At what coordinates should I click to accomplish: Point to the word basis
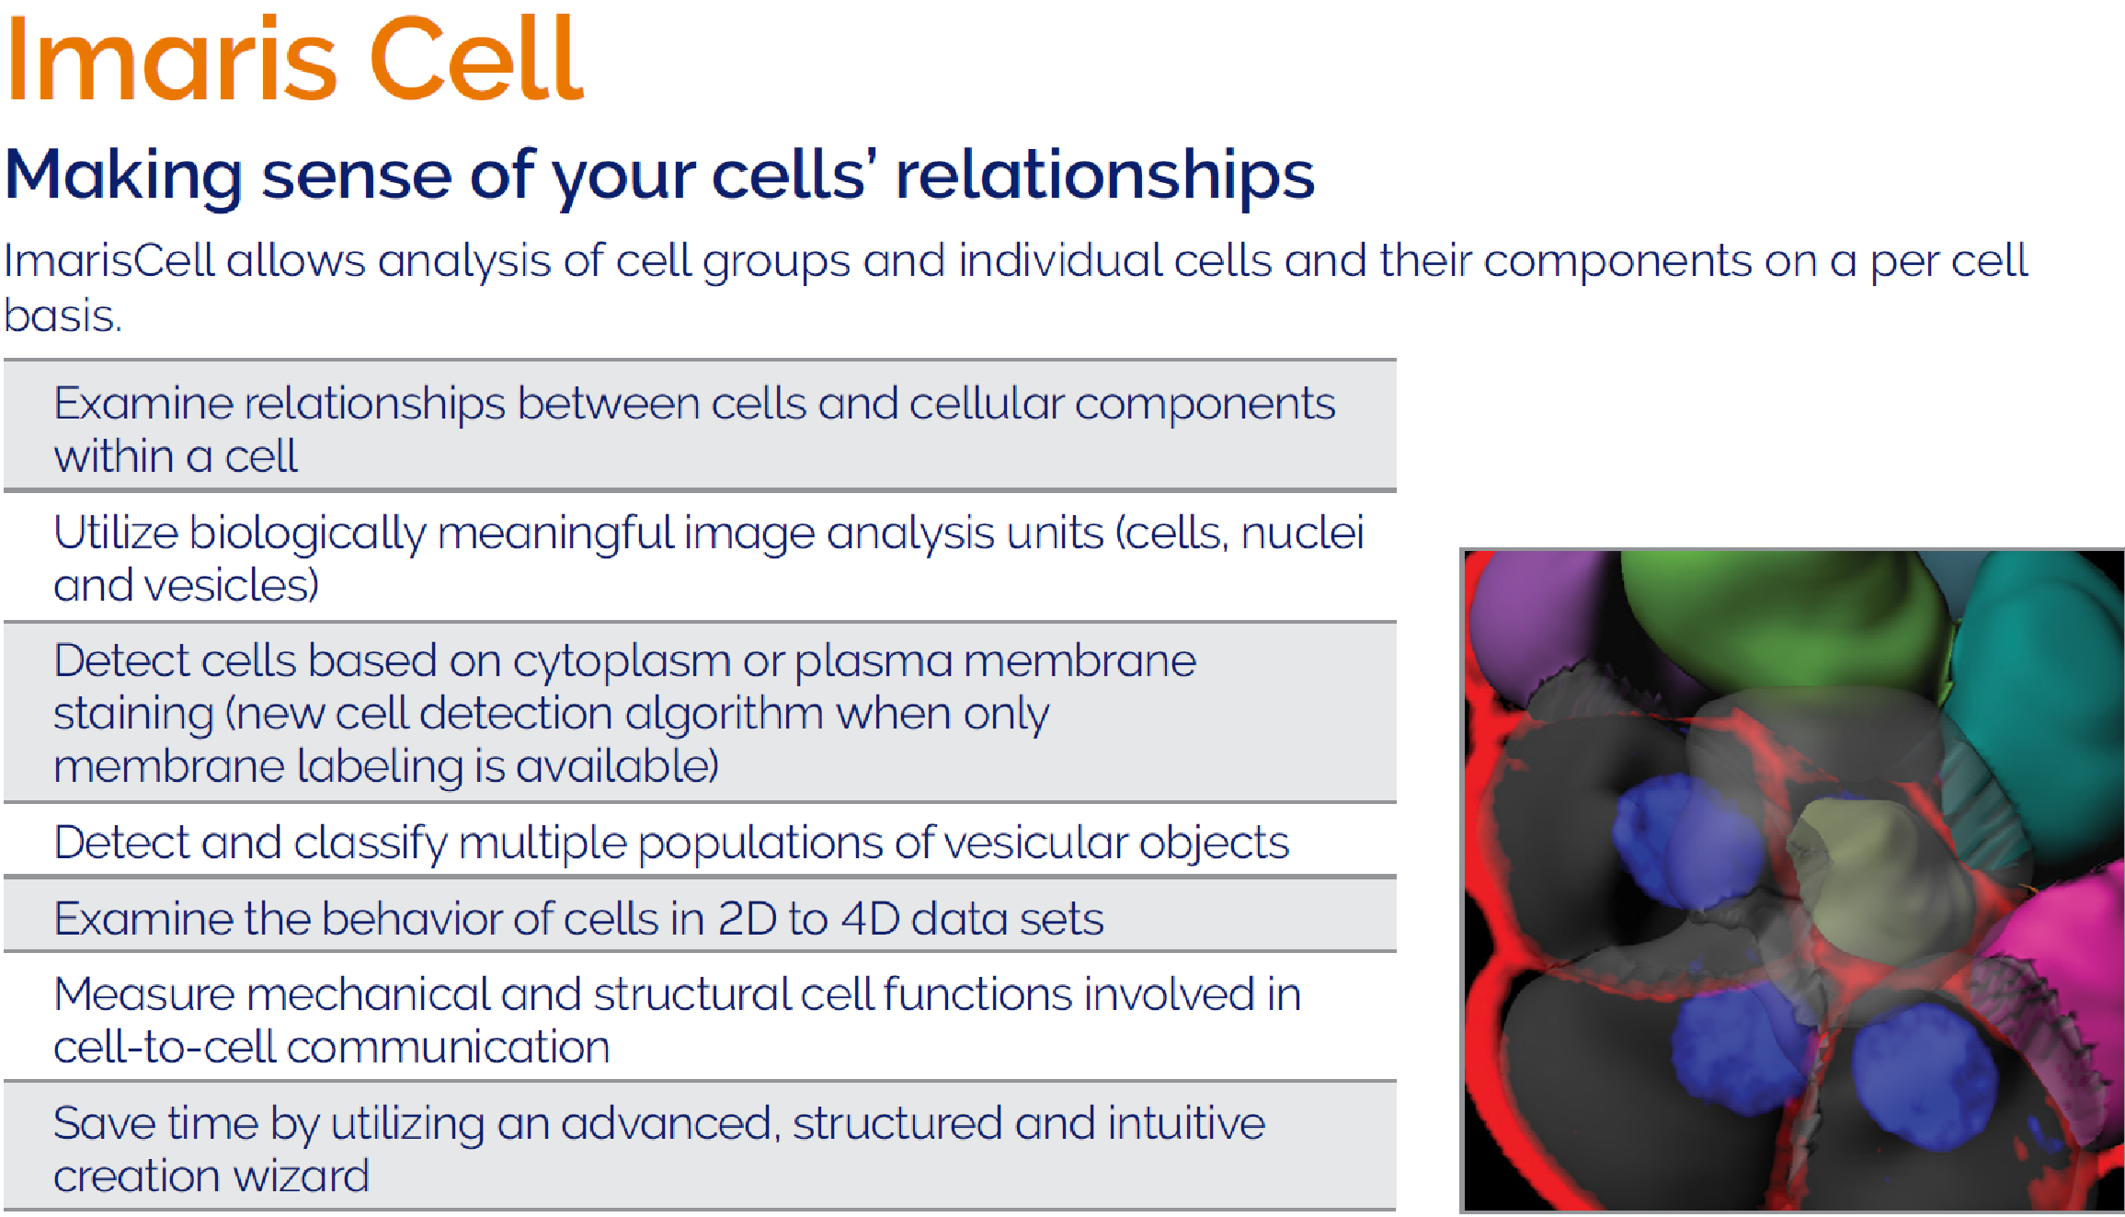[x=63, y=316]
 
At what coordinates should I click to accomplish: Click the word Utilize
[x=116, y=533]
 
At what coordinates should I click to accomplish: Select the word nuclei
[x=1302, y=533]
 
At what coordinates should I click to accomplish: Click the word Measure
[x=144, y=994]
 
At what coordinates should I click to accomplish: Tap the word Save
[x=104, y=1123]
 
